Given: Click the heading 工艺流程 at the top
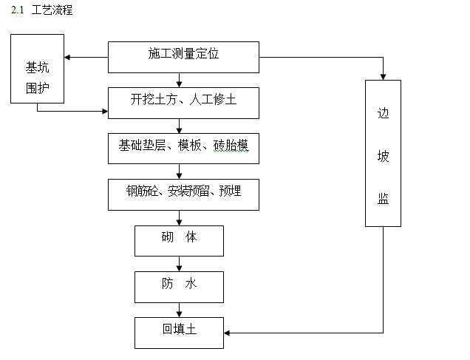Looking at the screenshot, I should click(x=52, y=10).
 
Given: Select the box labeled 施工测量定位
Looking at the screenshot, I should click(x=183, y=57).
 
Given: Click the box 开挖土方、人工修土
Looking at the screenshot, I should click(x=183, y=102).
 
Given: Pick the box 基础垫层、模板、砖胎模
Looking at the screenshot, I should click(x=183, y=148).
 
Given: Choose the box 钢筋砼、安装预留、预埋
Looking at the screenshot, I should click(x=183, y=194).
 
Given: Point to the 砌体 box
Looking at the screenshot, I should click(x=179, y=240).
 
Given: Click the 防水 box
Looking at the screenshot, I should click(x=179, y=286).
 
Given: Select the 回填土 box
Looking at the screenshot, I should click(x=179, y=332).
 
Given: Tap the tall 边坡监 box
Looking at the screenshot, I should click(x=383, y=153).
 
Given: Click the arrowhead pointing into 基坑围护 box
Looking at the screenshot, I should click(x=68, y=57).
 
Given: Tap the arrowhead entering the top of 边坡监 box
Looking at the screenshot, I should click(x=383, y=76).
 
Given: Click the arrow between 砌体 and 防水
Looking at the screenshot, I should click(x=179, y=263).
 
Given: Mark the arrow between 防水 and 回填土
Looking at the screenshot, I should click(x=179, y=309).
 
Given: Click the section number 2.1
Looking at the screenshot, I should click(x=18, y=10).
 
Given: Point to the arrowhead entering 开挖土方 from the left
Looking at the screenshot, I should click(x=104, y=112).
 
